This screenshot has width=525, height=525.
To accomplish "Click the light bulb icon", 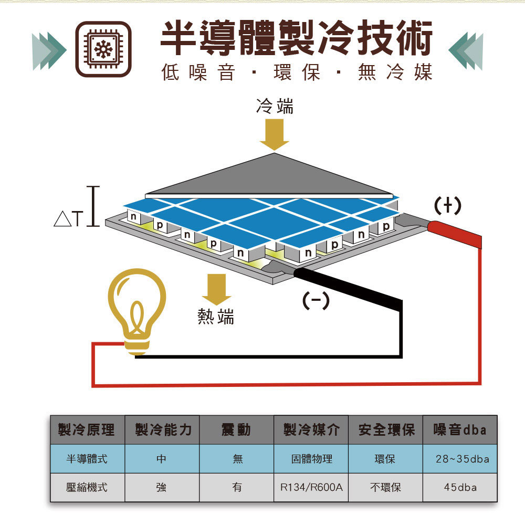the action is pos(137,312).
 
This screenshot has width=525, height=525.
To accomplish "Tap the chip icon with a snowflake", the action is pos(103,49).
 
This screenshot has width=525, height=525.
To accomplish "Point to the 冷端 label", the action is pos(275,106).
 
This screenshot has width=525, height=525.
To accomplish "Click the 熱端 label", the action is pos(216,317).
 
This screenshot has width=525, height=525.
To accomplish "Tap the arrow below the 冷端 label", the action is pos(274,134).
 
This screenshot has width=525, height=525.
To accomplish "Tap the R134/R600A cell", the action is pos(311,487).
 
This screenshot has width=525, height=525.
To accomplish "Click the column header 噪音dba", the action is pos(460,430).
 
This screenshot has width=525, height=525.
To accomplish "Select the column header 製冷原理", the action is pos(87,430).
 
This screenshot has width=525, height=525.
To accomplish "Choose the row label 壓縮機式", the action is pos(87,487).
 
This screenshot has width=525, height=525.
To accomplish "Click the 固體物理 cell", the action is pos(311,459).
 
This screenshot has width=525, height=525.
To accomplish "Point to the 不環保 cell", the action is pos(385,487).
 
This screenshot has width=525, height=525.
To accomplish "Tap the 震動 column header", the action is pos(236,430).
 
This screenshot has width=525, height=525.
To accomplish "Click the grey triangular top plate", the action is pos(270,177).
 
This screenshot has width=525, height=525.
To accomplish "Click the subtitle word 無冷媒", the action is pos(395,72).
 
